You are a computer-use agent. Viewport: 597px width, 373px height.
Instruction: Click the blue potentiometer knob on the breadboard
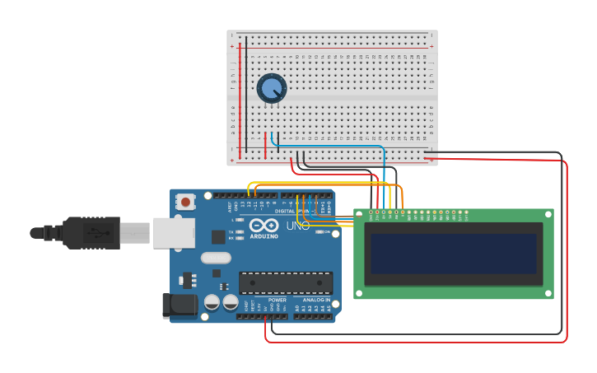271,88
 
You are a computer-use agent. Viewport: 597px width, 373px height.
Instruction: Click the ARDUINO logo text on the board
264,236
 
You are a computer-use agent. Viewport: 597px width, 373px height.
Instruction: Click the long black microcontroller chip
286,282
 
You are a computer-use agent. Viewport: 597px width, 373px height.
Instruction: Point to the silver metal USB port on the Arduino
174,233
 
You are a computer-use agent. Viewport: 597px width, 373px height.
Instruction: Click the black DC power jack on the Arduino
180,305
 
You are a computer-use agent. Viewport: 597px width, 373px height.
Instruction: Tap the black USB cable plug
91,233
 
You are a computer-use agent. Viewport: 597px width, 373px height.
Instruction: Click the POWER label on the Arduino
278,300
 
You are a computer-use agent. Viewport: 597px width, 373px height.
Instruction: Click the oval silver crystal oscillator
216,258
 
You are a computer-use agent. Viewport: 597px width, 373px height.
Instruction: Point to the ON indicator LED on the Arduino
319,232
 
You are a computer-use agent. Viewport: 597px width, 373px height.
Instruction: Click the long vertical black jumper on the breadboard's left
245,91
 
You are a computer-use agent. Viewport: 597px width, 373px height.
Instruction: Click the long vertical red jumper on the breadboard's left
240,99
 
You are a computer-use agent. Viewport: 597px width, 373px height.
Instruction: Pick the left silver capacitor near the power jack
212,302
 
